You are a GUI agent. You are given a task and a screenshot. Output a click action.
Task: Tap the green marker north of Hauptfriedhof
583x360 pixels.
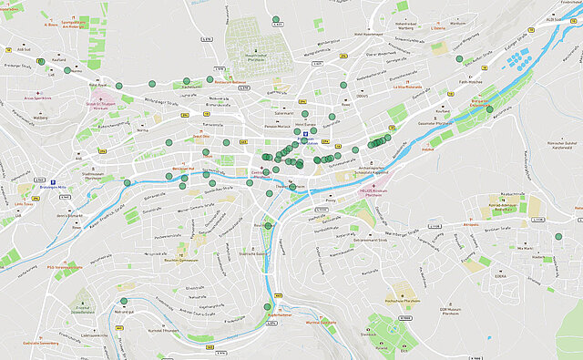276,19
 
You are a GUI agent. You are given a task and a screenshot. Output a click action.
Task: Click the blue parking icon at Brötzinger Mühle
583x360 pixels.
54,181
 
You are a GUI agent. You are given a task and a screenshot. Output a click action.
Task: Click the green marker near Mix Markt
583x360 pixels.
557,236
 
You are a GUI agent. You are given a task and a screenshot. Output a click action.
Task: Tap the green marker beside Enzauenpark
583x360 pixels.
489,109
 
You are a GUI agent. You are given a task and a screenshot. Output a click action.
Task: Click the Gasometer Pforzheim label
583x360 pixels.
435,121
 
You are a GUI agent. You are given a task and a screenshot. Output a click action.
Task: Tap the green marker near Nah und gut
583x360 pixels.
124,301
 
